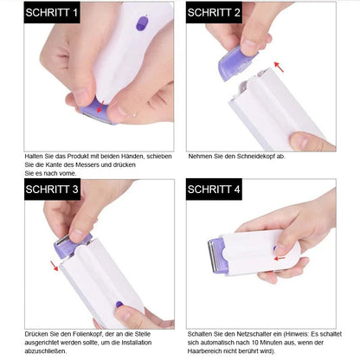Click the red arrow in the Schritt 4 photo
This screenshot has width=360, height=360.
[280, 249]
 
